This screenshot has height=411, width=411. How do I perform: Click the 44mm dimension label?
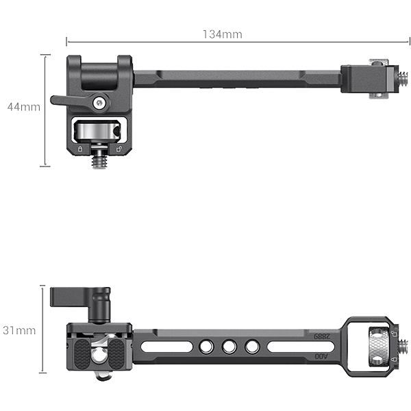tap(23, 107)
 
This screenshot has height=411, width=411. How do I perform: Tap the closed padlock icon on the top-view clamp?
tap(80, 148)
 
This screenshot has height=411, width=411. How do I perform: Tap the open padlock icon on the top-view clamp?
tap(119, 148)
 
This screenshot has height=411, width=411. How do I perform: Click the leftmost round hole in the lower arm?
tap(205, 347)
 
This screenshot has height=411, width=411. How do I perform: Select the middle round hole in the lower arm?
tap(228, 347)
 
